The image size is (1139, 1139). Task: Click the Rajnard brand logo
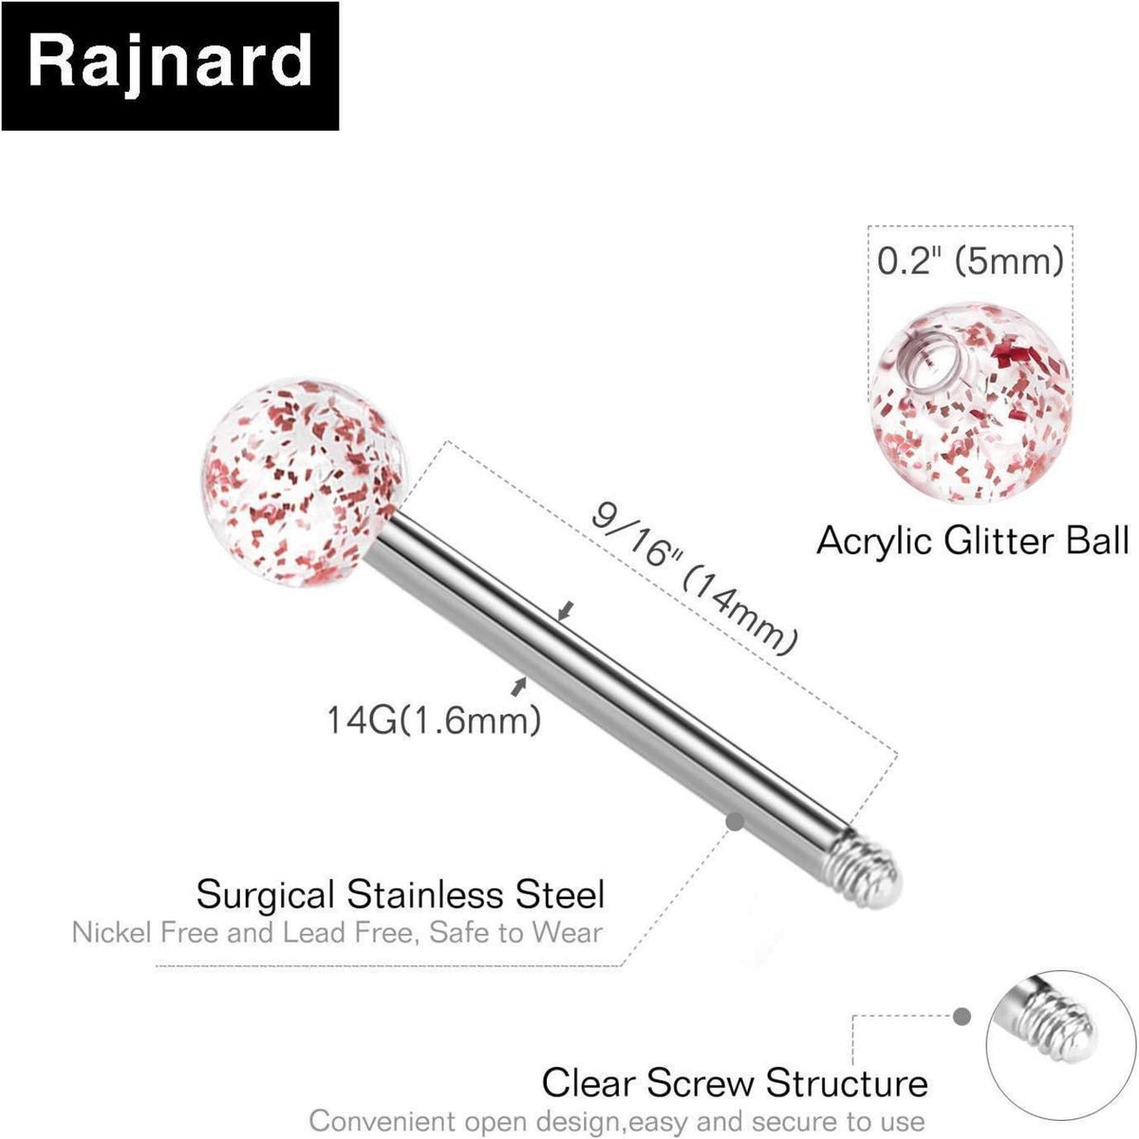[x=170, y=66]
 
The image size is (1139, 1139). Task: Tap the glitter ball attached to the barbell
[x=304, y=482]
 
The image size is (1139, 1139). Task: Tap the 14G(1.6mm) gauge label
[x=433, y=720]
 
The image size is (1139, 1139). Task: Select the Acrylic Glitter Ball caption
[x=972, y=540]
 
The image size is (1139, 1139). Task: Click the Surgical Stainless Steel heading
[x=401, y=894]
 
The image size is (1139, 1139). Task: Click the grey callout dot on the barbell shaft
[x=735, y=820]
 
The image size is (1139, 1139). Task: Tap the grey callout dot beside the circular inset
[x=962, y=1016]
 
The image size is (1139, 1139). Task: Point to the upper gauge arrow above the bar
[x=567, y=610]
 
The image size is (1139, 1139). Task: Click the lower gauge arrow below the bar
[x=518, y=685]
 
